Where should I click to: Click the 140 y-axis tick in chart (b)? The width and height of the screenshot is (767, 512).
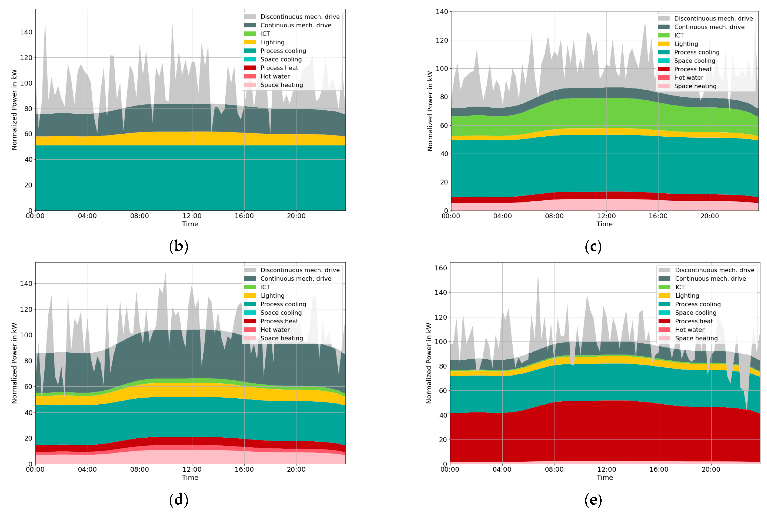(26, 32)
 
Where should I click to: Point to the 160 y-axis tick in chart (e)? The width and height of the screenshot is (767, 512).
(441, 268)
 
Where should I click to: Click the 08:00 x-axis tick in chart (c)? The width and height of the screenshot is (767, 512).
(554, 216)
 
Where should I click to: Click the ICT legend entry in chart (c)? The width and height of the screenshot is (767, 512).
(679, 35)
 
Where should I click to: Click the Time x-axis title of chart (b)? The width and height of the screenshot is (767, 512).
(190, 224)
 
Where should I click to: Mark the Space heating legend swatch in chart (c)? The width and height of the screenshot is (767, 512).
(664, 86)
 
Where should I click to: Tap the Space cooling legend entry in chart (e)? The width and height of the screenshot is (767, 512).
(695, 313)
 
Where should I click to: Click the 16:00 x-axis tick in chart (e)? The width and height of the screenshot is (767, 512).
(659, 469)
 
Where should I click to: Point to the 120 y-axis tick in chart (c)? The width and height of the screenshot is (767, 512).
(442, 40)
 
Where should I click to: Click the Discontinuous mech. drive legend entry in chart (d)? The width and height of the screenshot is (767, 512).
(300, 270)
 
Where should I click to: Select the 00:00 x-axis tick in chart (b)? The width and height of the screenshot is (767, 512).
(35, 216)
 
